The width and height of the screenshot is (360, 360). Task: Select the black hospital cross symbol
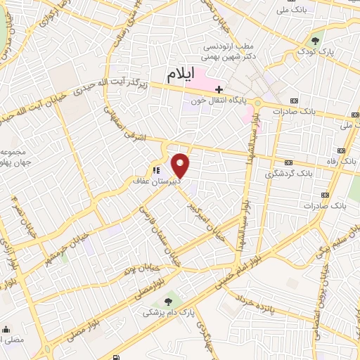point(219,89)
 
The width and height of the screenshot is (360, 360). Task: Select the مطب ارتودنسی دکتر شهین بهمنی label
point(226,53)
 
